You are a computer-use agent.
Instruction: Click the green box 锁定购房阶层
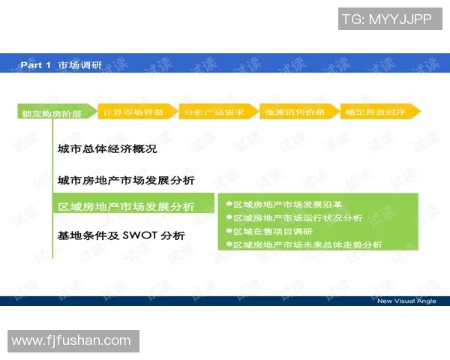[52, 113]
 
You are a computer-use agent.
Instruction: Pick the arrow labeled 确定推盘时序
[378, 112]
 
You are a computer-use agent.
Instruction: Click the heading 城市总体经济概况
[107, 148]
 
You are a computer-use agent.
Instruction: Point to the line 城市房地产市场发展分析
[126, 180]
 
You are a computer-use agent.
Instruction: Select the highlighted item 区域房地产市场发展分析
[126, 206]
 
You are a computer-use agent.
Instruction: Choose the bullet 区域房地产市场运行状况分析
[298, 218]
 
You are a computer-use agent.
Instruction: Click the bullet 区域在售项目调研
[272, 232]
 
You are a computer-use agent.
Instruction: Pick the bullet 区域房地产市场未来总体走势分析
[307, 245]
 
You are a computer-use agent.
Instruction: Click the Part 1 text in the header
[35, 65]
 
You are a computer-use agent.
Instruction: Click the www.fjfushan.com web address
[71, 341]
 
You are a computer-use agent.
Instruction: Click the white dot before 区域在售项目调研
[229, 232]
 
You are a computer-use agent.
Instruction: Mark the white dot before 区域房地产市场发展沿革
[229, 205]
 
